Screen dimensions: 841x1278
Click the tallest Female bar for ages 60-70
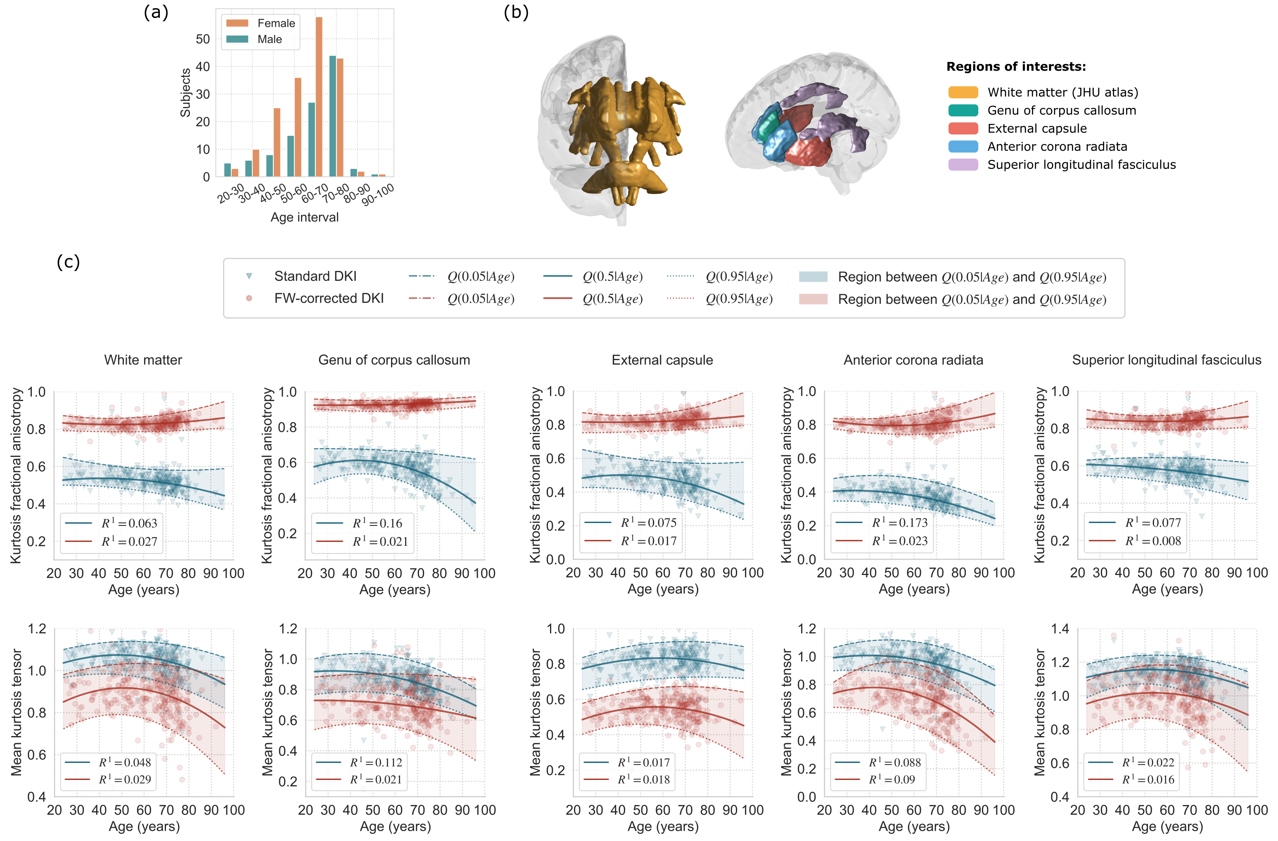tap(319, 97)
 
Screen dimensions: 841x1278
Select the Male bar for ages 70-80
tap(332, 116)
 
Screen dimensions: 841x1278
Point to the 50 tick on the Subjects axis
tap(203, 39)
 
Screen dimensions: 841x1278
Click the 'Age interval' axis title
tap(304, 218)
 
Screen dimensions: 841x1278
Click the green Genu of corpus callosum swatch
tap(963, 111)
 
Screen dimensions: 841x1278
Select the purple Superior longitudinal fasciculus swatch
tap(963, 165)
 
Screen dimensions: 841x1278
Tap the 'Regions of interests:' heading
tap(1015, 67)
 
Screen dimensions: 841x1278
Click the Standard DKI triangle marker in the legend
tap(249, 276)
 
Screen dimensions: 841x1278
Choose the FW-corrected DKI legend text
tap(329, 299)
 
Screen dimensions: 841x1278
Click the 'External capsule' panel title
tap(662, 360)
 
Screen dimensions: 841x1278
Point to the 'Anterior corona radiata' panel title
tap(913, 360)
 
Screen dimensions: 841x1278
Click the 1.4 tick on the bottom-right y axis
tap(1060, 629)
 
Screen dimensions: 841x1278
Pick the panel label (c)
tap(68, 262)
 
